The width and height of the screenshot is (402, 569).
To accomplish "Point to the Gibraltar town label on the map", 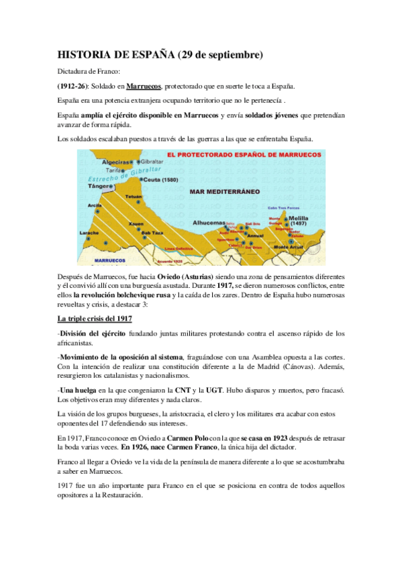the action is (153, 162).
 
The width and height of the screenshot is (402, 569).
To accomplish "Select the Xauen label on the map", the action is (137, 223).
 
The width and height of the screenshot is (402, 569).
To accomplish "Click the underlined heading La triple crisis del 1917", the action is (94, 318).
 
